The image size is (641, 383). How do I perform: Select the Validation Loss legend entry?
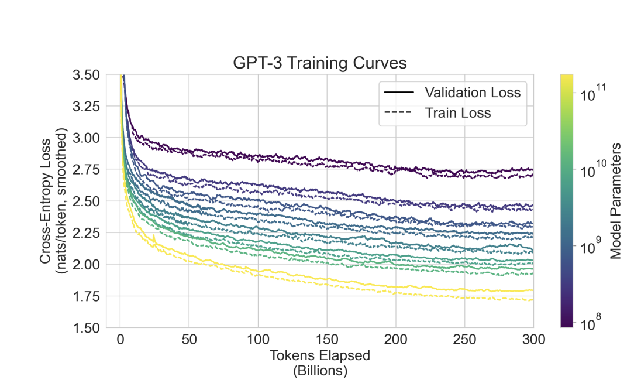[x=473, y=92]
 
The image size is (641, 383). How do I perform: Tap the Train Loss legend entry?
[x=458, y=113]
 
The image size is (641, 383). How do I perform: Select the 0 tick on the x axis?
[x=120, y=340]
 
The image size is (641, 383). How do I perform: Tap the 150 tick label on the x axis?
[x=326, y=340]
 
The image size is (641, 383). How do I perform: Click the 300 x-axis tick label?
[x=533, y=340]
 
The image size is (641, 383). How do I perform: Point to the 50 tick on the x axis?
[x=189, y=340]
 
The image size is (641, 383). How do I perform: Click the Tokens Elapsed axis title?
[x=320, y=355]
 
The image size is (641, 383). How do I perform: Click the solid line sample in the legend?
[x=398, y=92]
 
